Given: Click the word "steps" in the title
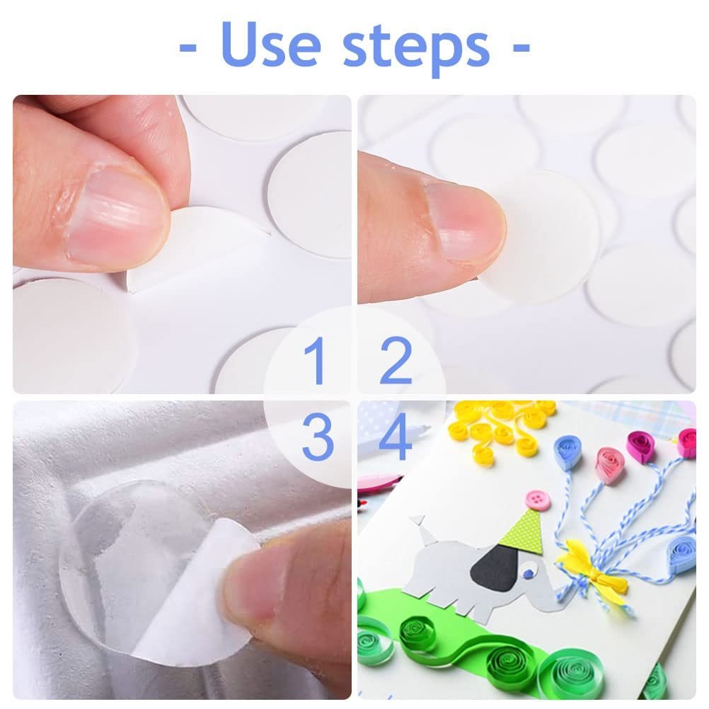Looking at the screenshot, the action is click(x=416, y=50).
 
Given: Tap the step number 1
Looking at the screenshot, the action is click(x=315, y=361).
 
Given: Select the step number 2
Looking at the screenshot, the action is click(x=396, y=361).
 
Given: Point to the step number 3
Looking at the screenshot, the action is click(x=318, y=438).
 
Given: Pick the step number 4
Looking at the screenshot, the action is click(x=396, y=438).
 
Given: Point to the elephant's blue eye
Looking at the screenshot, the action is click(x=528, y=574).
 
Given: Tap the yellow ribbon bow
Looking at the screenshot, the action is click(x=592, y=565).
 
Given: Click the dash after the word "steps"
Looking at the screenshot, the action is click(x=521, y=47).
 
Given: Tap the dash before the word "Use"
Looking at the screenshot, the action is click(x=188, y=47).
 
